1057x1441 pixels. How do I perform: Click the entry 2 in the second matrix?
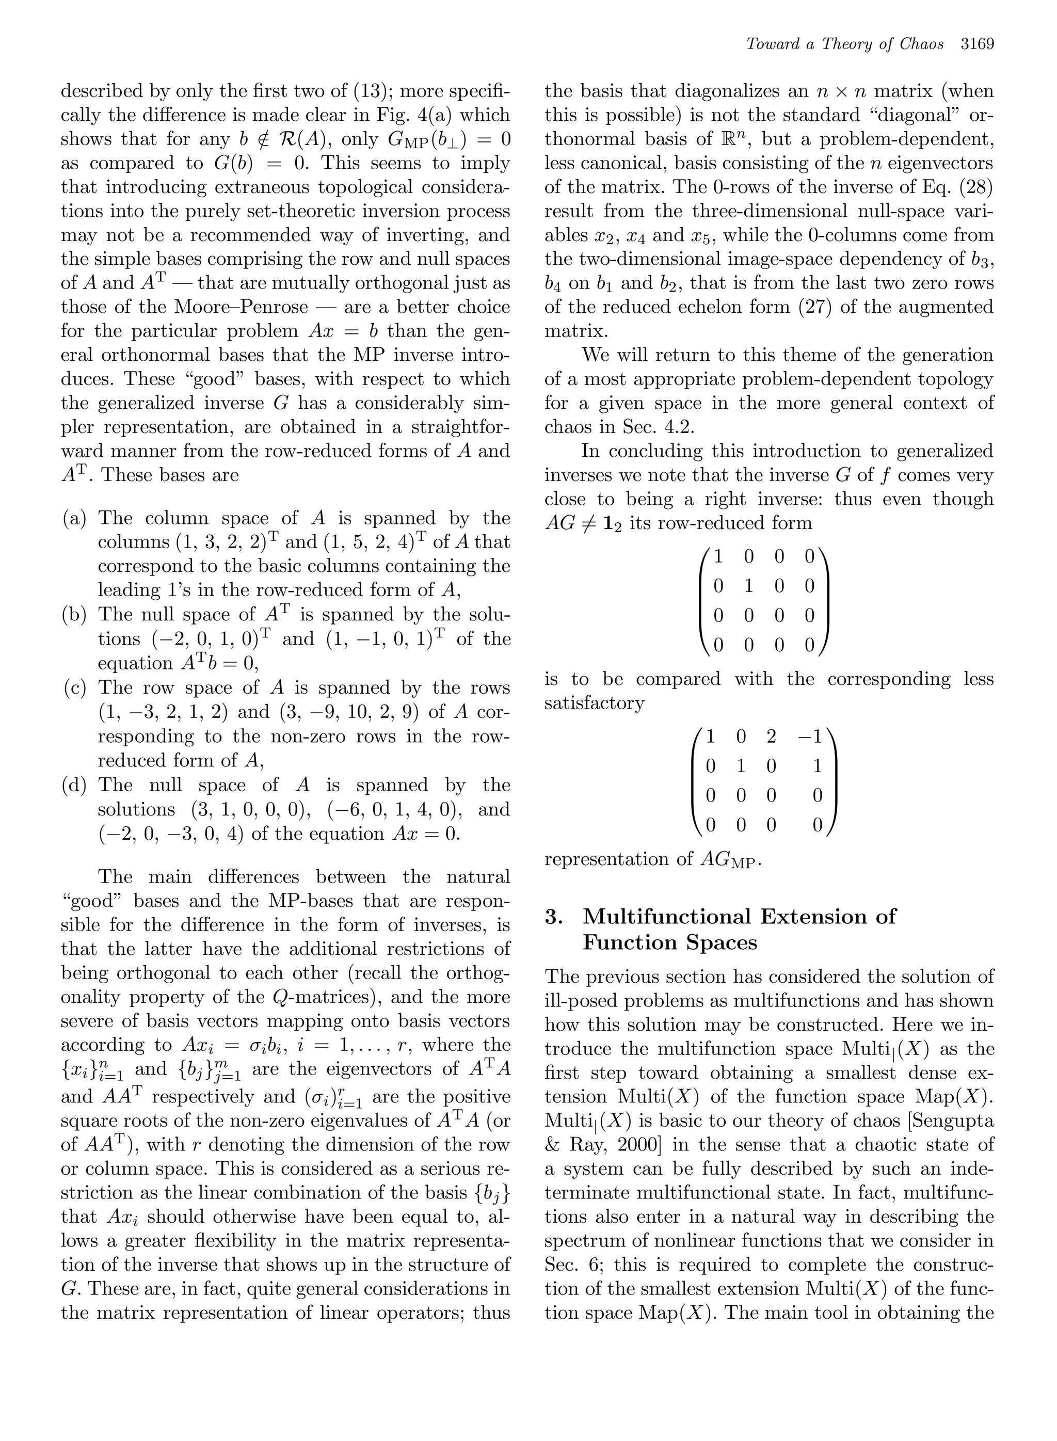point(771,736)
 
